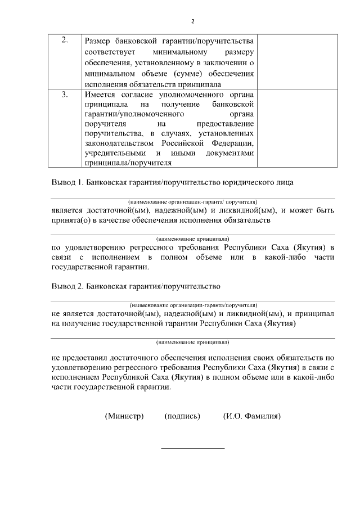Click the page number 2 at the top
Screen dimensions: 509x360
tap(193, 21)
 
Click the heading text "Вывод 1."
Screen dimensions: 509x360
tap(67, 183)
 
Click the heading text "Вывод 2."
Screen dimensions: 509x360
tap(67, 286)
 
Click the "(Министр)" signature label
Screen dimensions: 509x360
tap(124, 416)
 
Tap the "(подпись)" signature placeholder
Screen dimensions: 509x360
tap(182, 416)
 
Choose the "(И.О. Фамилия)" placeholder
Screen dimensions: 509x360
tap(251, 416)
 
